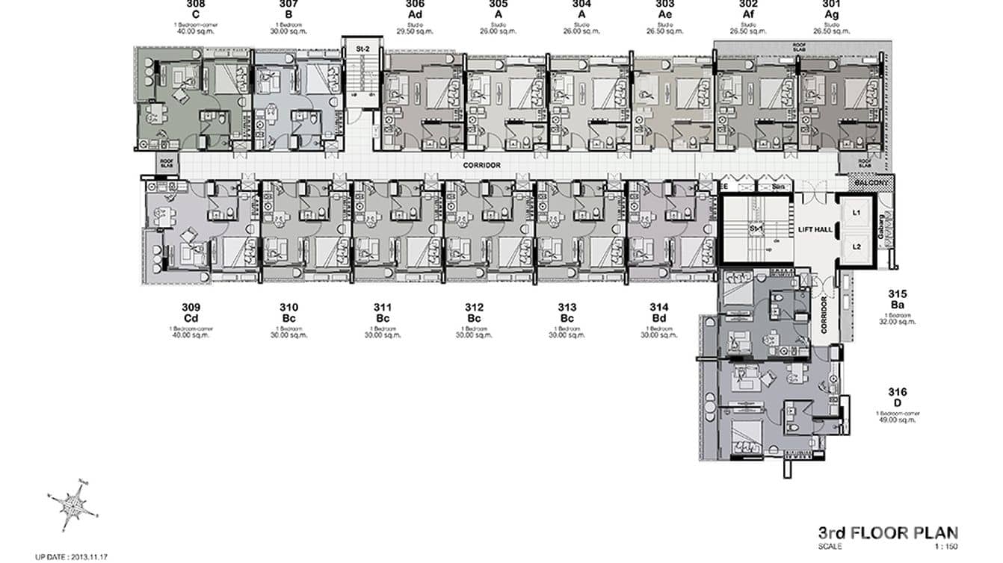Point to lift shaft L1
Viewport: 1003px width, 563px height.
coord(857,213)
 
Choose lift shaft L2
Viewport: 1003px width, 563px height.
coord(857,246)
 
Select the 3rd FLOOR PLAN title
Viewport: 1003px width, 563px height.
coord(887,533)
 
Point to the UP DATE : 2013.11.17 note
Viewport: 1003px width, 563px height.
coord(72,556)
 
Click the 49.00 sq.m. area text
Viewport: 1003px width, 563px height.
coord(897,420)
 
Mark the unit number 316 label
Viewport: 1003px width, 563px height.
coord(897,392)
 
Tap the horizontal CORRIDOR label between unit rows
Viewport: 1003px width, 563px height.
coord(481,165)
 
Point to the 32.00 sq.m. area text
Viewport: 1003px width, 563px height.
coord(897,322)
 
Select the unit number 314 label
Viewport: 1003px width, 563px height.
coord(658,308)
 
